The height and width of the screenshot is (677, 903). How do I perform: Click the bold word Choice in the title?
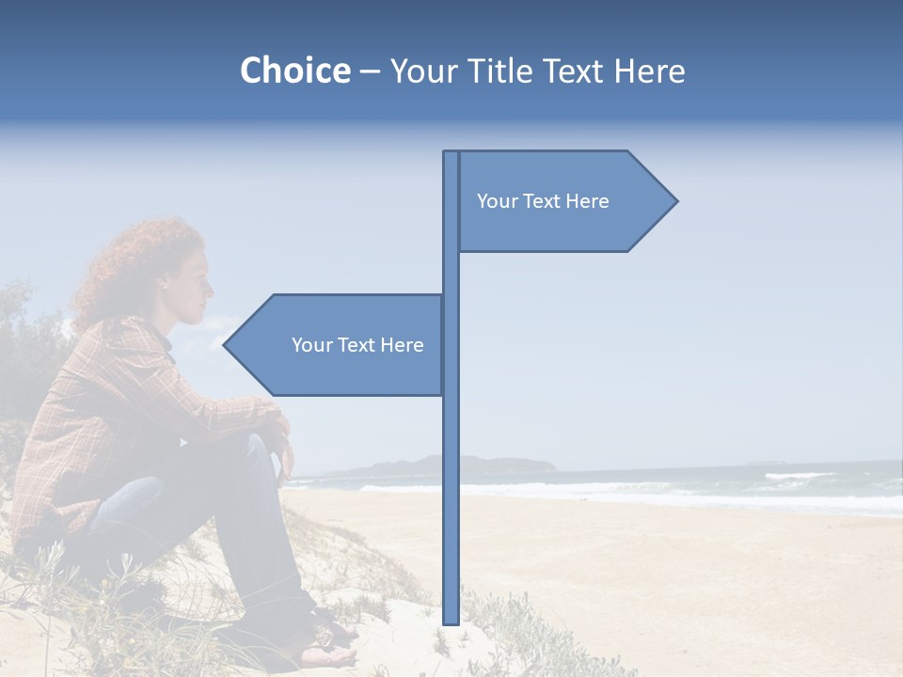294,71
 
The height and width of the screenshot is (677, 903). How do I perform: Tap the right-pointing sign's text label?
543,201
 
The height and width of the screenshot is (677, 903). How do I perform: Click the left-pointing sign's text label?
357,345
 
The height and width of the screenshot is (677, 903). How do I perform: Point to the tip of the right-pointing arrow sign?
676,200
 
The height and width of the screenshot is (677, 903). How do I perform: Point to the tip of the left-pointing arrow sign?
225,345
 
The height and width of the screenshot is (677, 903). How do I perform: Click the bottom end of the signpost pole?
451,621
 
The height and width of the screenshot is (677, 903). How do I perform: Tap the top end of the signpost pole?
451,154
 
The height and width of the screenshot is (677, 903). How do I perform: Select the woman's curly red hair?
132,263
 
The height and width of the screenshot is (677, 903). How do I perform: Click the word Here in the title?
650,71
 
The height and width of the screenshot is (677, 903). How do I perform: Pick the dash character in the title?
369,71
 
